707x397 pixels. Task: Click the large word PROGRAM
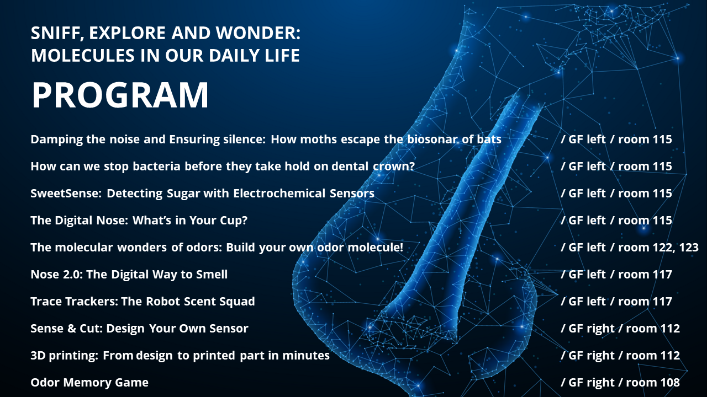tap(120, 95)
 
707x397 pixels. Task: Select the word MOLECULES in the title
tap(83, 56)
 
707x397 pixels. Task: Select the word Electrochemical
tap(279, 193)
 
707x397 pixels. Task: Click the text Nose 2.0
tap(56, 274)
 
